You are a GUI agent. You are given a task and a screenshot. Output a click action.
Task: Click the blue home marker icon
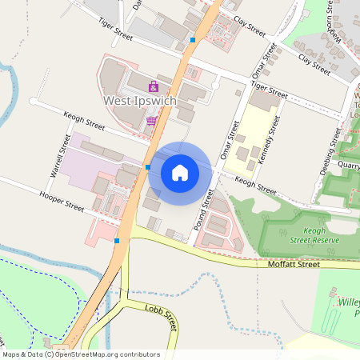click(x=180, y=172)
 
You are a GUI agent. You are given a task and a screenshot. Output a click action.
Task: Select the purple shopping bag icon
click(x=154, y=86)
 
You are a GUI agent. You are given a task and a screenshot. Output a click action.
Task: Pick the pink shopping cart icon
click(x=151, y=122)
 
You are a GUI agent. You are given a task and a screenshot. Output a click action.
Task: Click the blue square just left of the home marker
click(x=148, y=167)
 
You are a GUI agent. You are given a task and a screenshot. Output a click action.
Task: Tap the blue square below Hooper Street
click(x=118, y=239)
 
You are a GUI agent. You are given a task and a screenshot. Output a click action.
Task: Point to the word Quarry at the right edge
click(x=349, y=166)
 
